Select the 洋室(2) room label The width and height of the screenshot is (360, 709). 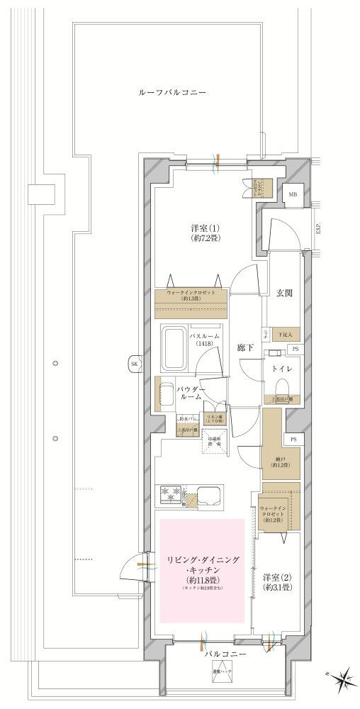click(276, 582)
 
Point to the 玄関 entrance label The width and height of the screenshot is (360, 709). click(284, 293)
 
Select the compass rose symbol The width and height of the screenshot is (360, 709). click(342, 677)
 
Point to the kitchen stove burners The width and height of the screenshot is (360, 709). click(170, 495)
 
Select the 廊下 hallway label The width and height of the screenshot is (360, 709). click(246, 348)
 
